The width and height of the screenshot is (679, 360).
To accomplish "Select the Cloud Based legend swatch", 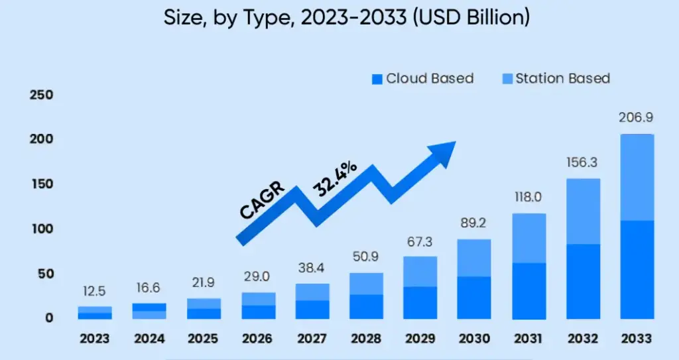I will [x=377, y=79].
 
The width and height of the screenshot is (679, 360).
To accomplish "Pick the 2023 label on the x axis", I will [x=95, y=339].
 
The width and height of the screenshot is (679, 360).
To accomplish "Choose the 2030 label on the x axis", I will [x=474, y=339].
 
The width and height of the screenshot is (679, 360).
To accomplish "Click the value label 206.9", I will [x=637, y=117].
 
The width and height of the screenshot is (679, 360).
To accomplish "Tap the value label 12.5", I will [x=95, y=291].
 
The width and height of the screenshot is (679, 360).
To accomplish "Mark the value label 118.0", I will [x=528, y=197].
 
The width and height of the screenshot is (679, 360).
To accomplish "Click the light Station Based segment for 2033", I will [x=637, y=177].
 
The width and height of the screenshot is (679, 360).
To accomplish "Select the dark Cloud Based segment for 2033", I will [x=637, y=269].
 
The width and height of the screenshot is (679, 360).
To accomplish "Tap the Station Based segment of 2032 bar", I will [x=582, y=211].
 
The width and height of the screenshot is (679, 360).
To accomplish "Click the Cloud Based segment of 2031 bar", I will [x=528, y=290].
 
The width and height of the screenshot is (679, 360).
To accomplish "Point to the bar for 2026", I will [x=257, y=306].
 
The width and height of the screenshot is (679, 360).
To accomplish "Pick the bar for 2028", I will [x=366, y=296].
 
